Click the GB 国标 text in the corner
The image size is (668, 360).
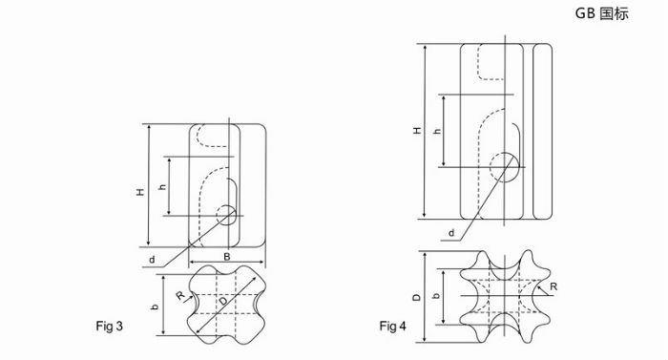pyautogui.click(x=601, y=13)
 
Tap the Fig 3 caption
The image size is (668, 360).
pyautogui.click(x=109, y=327)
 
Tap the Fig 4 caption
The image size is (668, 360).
pyautogui.click(x=393, y=327)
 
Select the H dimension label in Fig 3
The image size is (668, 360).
pyautogui.click(x=140, y=192)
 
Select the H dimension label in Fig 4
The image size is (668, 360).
pyautogui.click(x=418, y=130)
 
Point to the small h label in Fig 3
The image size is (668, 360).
pyautogui.click(x=162, y=187)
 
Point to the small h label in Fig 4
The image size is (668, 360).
pyautogui.click(x=437, y=132)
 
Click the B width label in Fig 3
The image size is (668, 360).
pyautogui.click(x=227, y=256)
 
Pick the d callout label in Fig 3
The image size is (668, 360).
pyautogui.click(x=152, y=260)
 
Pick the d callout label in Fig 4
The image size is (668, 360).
pyautogui.click(x=451, y=233)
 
